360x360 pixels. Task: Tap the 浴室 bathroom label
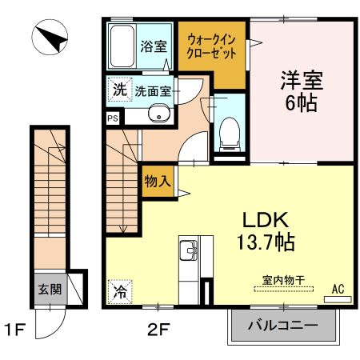[x=155, y=46]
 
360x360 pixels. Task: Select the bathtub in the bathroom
[x=122, y=47]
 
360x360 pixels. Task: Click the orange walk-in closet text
[x=212, y=47]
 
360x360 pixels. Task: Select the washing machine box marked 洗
[x=118, y=90]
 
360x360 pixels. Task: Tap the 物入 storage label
[x=157, y=182]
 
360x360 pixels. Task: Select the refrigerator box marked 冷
[x=119, y=292]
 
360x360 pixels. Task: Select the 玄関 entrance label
[x=46, y=289]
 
